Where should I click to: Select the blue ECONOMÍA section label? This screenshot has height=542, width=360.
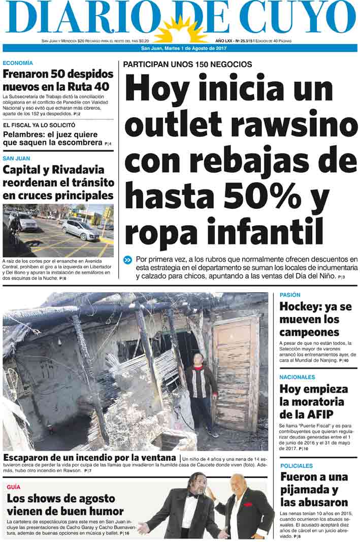pyautogui.click(x=18, y=63)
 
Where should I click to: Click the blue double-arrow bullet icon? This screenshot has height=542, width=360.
pyautogui.click(x=127, y=260)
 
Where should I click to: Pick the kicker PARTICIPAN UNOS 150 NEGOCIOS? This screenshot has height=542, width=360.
pyautogui.click(x=187, y=65)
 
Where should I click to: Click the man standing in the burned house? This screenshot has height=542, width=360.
pyautogui.click(x=202, y=391)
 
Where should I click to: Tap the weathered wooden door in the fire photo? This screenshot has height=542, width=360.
pyautogui.click(x=236, y=371)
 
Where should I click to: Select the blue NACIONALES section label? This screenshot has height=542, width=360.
pyautogui.click(x=298, y=377)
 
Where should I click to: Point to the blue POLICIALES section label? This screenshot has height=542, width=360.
pyautogui.click(x=297, y=466)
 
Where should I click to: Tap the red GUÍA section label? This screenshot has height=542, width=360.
pyautogui.click(x=13, y=487)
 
